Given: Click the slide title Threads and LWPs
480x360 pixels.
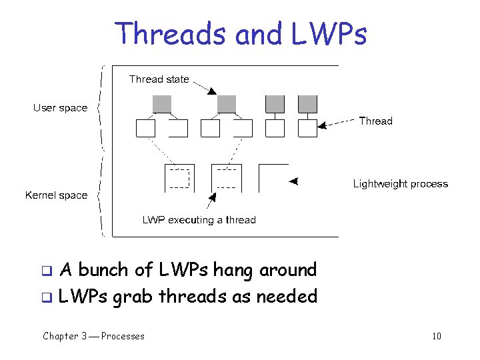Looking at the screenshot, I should (x=240, y=33).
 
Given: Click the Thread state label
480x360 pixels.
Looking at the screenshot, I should (x=159, y=79).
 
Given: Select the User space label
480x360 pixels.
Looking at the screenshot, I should (x=60, y=108).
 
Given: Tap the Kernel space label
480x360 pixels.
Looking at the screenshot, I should (x=56, y=195).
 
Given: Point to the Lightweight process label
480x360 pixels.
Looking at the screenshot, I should (x=400, y=184).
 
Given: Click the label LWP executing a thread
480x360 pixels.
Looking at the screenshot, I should (x=199, y=220).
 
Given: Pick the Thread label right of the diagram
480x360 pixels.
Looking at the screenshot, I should (x=375, y=121).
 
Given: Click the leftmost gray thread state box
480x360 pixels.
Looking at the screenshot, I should (x=162, y=104).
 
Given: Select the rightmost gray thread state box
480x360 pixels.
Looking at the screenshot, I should (x=307, y=104).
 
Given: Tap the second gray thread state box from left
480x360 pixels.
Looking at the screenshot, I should (x=227, y=104).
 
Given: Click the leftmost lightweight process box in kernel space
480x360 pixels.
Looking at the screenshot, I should (x=179, y=178).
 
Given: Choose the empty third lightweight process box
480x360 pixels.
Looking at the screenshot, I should (x=273, y=178).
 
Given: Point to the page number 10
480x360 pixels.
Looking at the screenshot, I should (x=436, y=336).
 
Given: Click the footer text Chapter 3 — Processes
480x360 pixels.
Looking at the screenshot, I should (x=93, y=336).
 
